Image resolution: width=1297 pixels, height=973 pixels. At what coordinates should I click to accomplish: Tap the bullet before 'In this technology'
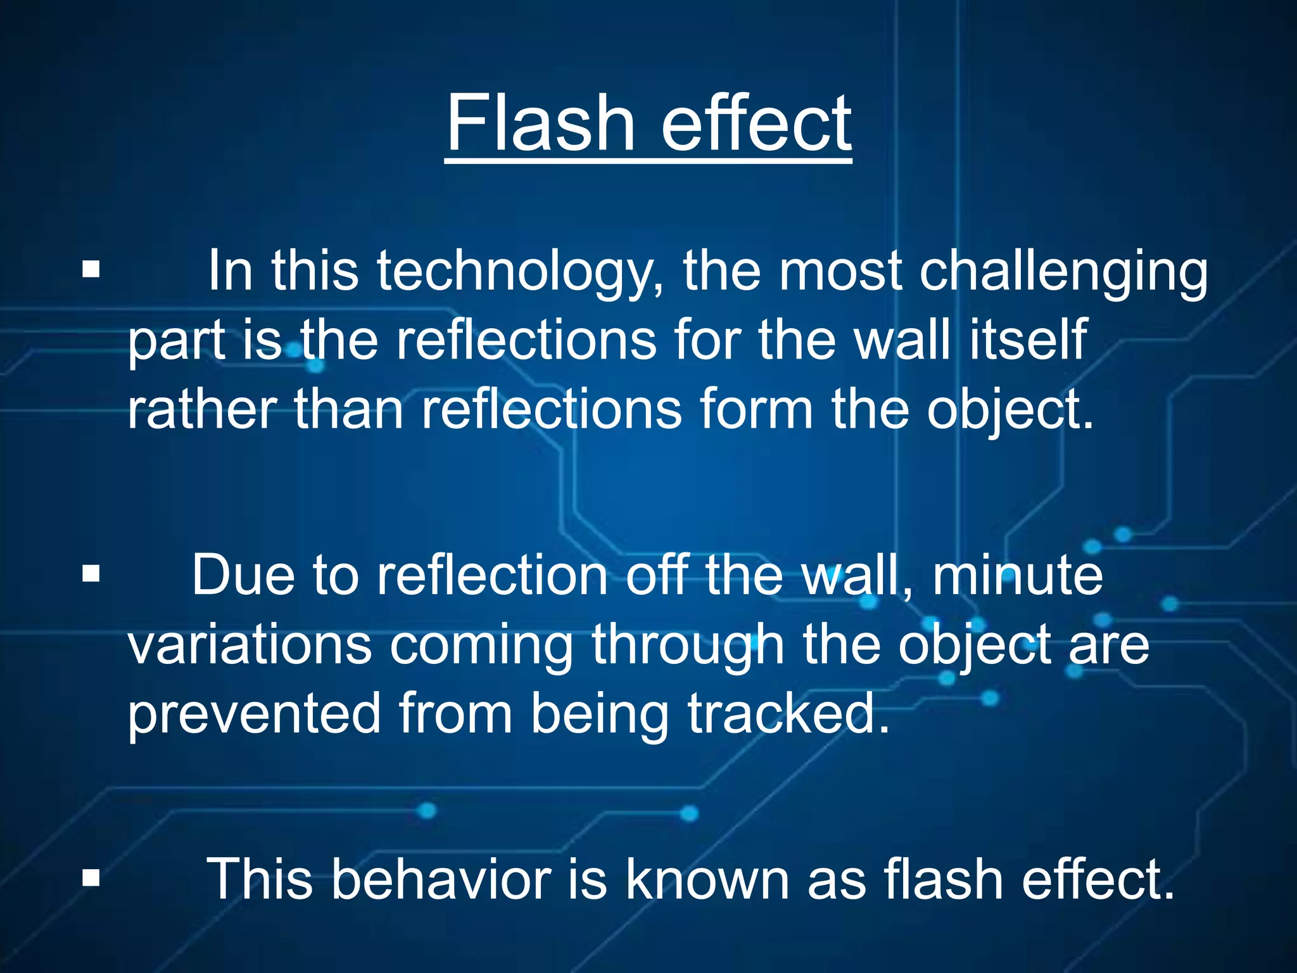[x=91, y=270]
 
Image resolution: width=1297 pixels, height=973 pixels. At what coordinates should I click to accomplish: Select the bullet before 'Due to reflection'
[x=91, y=574]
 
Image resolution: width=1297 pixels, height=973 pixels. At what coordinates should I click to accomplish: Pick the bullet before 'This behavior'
[x=91, y=879]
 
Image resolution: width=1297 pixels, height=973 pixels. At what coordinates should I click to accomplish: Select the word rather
[x=201, y=410]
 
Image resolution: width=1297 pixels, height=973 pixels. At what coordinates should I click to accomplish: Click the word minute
[x=1017, y=575]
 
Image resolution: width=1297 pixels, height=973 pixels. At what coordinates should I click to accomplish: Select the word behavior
[x=441, y=879]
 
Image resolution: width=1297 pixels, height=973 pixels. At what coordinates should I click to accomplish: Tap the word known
[x=707, y=879]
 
